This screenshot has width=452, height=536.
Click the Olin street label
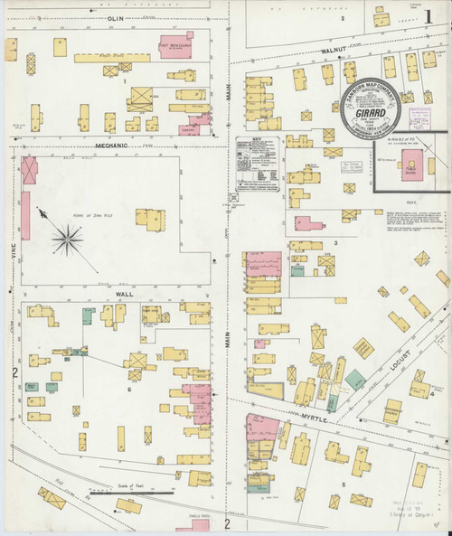114,18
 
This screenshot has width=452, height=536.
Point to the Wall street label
125,295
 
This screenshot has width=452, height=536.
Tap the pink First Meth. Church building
174,45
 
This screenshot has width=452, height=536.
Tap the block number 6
130,389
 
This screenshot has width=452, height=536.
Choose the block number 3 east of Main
334,243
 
